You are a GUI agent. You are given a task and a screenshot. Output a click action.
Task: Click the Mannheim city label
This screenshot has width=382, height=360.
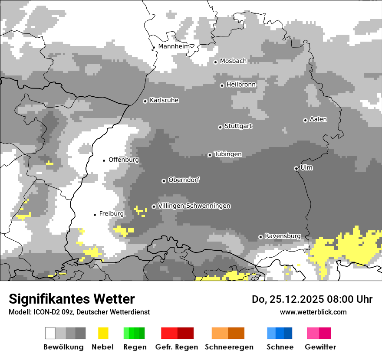(x=174, y=46)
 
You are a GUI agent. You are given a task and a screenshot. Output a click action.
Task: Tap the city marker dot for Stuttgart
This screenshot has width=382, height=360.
(x=220, y=127)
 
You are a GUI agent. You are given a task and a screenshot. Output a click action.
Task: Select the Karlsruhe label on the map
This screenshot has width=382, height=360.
(x=164, y=100)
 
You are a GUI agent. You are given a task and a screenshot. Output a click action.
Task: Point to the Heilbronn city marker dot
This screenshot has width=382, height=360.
(x=222, y=85)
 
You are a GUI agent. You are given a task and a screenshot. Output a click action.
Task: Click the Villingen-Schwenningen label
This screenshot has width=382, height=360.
(x=194, y=206)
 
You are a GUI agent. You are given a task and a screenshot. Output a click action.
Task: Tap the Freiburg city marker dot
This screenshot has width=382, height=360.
(x=95, y=215)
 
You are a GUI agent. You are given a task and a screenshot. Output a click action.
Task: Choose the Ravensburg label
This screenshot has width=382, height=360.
(x=283, y=236)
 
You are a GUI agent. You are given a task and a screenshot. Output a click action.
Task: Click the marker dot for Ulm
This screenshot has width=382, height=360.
(x=296, y=168)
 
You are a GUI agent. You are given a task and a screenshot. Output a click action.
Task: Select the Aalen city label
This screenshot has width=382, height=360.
(x=318, y=119)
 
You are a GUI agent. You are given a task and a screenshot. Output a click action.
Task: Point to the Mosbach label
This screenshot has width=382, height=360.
(x=233, y=61)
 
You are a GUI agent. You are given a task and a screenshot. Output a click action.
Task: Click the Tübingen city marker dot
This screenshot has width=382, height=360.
(x=210, y=155)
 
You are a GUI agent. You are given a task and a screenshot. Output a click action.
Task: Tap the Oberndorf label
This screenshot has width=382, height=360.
(x=184, y=180)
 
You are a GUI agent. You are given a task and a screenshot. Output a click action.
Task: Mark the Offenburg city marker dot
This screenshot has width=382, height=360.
(x=104, y=160)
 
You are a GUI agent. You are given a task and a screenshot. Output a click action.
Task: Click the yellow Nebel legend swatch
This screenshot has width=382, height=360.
(x=103, y=333)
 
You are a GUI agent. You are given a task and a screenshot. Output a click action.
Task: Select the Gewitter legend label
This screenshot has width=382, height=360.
(x=320, y=347)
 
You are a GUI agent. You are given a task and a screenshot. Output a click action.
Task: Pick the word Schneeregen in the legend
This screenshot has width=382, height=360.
(x=229, y=347)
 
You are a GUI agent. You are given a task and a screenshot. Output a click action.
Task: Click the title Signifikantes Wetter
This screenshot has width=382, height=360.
(x=72, y=299)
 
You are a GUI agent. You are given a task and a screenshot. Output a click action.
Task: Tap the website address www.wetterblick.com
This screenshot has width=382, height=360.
(x=313, y=312)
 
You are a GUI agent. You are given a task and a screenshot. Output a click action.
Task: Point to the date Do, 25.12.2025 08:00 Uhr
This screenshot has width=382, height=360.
(x=312, y=299)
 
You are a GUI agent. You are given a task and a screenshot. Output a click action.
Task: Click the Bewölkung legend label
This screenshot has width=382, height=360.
(x=63, y=347)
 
